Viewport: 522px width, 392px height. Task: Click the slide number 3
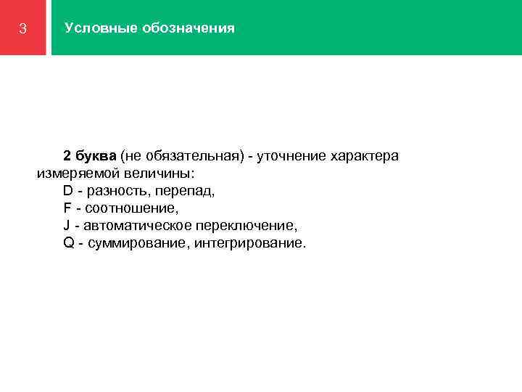tap(23, 29)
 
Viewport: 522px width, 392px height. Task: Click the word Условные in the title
tap(91, 28)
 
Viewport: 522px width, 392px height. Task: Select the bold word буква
tap(95, 156)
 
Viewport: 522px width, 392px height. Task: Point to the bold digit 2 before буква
tap(67, 156)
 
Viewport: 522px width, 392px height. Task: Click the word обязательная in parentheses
tap(189, 156)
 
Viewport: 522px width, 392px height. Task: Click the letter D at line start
tap(68, 191)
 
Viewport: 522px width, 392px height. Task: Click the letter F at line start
tap(67, 208)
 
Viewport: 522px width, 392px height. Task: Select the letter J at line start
tap(67, 226)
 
